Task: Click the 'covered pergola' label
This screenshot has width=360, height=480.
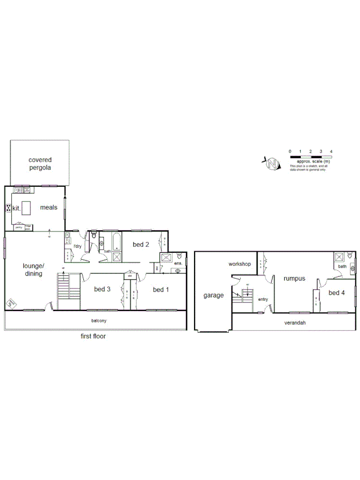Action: (x=40, y=163)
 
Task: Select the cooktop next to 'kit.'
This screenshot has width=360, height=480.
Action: (x=9, y=209)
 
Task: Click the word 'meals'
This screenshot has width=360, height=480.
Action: (x=49, y=208)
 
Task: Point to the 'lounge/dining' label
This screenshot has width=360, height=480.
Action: (x=33, y=269)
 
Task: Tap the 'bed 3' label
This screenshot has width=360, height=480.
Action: (x=102, y=290)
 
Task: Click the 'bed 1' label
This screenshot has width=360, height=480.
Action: (x=161, y=290)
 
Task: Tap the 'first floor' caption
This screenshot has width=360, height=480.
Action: (x=93, y=337)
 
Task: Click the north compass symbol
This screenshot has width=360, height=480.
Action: (x=273, y=162)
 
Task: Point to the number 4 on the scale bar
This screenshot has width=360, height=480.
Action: (x=331, y=152)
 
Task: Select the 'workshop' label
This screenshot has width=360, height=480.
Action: (x=239, y=264)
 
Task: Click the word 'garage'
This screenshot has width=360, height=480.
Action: (x=213, y=295)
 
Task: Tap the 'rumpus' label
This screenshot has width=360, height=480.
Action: (x=294, y=277)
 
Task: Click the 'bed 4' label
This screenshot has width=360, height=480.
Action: (x=337, y=292)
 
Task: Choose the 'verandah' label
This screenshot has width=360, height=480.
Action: (x=294, y=323)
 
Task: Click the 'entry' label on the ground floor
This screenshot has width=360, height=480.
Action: (x=263, y=299)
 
